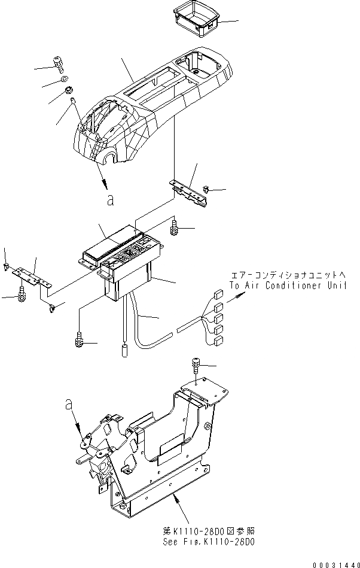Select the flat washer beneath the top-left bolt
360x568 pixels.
(64, 80)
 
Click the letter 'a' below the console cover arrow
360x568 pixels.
(109, 201)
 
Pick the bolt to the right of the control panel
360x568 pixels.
(175, 226)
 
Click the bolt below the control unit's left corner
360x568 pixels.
(78, 339)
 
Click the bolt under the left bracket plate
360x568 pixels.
(22, 293)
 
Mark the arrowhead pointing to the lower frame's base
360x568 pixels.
(176, 496)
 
